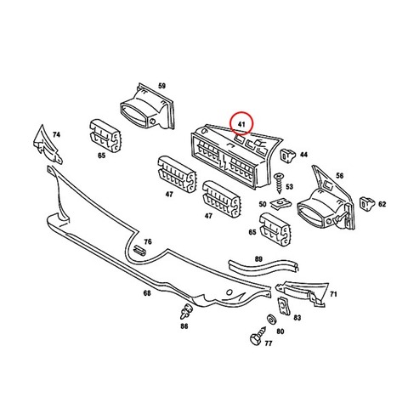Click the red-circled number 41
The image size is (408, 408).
click(241, 124)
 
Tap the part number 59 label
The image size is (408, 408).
click(161, 86)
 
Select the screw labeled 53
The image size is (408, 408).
click(280, 183)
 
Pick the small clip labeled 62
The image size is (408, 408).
click(367, 204)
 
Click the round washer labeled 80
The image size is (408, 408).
click(272, 320)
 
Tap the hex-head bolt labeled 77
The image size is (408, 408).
click(258, 336)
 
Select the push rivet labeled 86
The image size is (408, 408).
click(186, 311)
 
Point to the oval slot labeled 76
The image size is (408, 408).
click(139, 251)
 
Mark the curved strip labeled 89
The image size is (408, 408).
click(263, 266)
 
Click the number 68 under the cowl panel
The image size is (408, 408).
click(147, 293)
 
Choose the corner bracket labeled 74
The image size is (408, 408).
click(47, 144)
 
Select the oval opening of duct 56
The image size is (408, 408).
click(311, 213)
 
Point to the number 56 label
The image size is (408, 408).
click(340, 176)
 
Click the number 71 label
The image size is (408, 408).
click(333, 294)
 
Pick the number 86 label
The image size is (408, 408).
click(184, 326)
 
